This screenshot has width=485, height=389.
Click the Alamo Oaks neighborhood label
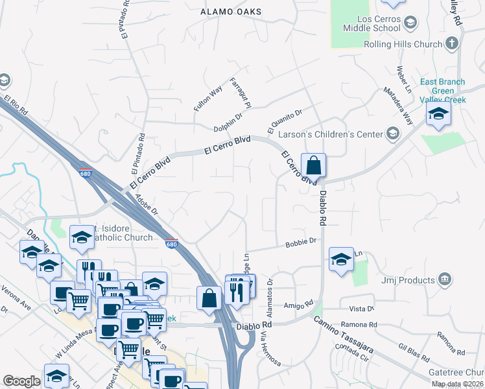(231, 12)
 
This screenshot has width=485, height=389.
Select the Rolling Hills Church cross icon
(452, 44)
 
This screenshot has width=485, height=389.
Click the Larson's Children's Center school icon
(392, 134)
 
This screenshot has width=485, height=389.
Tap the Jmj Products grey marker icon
(445, 280)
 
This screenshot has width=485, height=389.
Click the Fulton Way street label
(207, 98)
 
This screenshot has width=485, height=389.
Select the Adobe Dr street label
(148, 205)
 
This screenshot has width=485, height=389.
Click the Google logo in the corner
(21, 381)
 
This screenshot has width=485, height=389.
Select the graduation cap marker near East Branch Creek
(438, 116)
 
